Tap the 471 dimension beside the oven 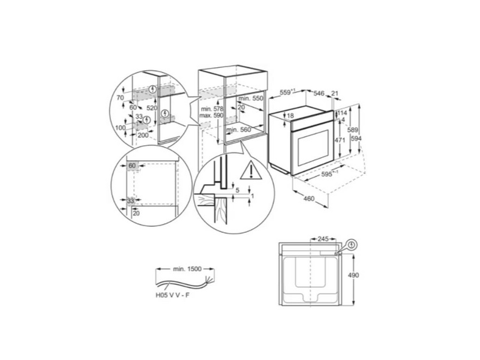pyautogui.click(x=339, y=139)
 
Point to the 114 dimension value pyautogui.click(x=343, y=113)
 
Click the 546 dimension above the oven pyautogui.click(x=319, y=94)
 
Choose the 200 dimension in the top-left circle pyautogui.click(x=143, y=136)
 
